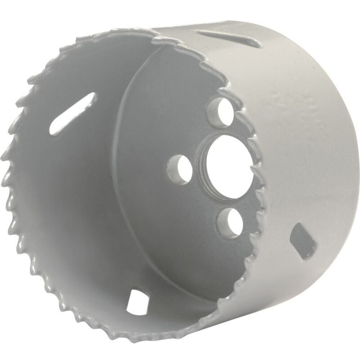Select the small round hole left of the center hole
click(x=180, y=170)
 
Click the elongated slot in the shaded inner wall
click(x=73, y=114)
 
